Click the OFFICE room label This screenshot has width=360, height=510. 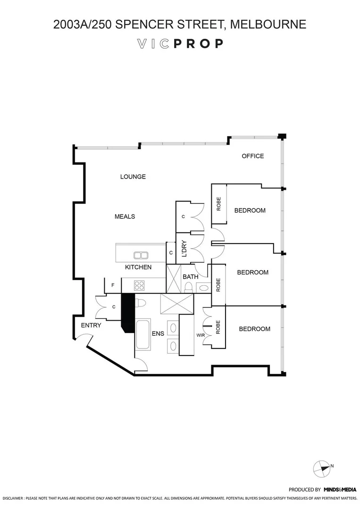[252, 156]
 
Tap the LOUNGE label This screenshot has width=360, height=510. [133, 177]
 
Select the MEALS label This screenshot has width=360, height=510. [125, 216]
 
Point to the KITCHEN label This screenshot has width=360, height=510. [138, 267]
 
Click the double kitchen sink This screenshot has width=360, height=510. [141, 255]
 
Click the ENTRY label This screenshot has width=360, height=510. [91, 325]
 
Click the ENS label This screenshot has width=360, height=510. [158, 333]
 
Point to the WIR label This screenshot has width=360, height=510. [200, 336]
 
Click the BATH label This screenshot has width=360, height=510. [190, 277]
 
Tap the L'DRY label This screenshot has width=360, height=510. [184, 248]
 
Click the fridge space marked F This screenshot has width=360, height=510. [113, 285]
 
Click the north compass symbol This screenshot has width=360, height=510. [323, 468]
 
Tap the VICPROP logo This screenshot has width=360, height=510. [180, 44]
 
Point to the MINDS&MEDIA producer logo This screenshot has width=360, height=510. [339, 490]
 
